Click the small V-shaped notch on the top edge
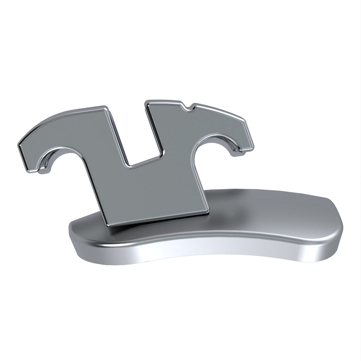[x=188, y=108]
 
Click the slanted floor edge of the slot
[x=144, y=160]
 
